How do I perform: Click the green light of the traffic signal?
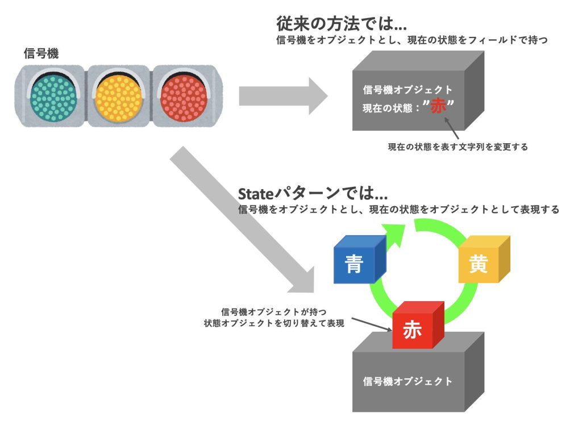[x=52, y=94]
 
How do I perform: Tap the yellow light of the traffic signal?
[x=118, y=94]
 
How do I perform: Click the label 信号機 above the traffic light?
[x=41, y=53]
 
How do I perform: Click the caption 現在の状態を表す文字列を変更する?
[x=458, y=147]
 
